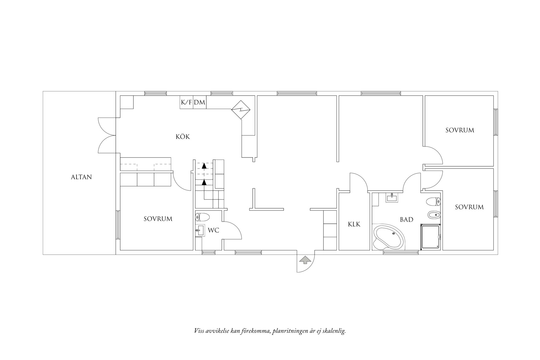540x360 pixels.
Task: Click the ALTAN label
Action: [x=81, y=177]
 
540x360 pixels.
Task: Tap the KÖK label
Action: [x=183, y=137]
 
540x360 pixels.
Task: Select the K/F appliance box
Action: [x=186, y=103]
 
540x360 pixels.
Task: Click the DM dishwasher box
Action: [x=200, y=103]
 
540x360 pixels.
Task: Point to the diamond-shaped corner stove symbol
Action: [x=241, y=110]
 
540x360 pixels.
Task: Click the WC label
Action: [x=213, y=230]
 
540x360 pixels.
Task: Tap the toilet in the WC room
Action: [x=203, y=217]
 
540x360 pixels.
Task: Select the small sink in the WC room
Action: [x=199, y=230]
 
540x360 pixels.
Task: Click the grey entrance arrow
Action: [x=305, y=260]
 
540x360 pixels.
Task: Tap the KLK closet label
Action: [x=354, y=224]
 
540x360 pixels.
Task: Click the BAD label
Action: [x=406, y=220]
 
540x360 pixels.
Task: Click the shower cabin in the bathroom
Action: [x=430, y=237]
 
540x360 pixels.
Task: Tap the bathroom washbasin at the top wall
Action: [x=392, y=198]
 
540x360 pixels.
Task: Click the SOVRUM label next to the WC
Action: [x=158, y=219]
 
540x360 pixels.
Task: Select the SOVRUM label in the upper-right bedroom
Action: [x=459, y=130]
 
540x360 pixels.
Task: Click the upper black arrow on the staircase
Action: [x=204, y=166]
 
